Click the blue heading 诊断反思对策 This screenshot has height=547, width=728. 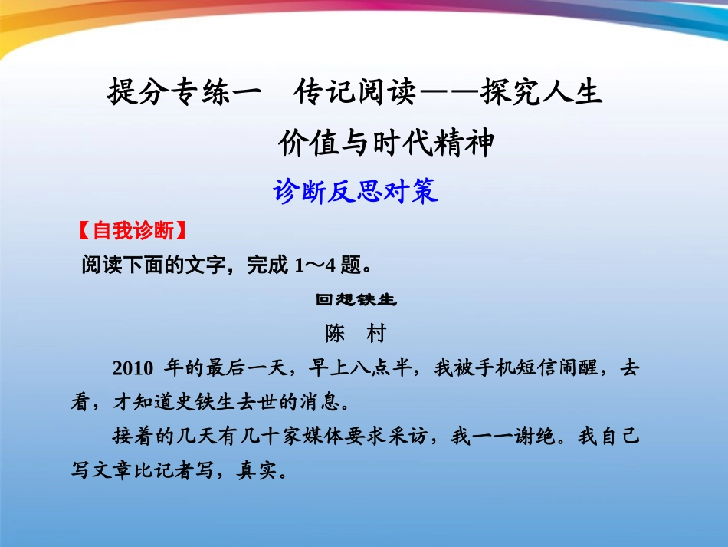[x=356, y=191]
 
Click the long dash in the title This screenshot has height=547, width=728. [x=447, y=94]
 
